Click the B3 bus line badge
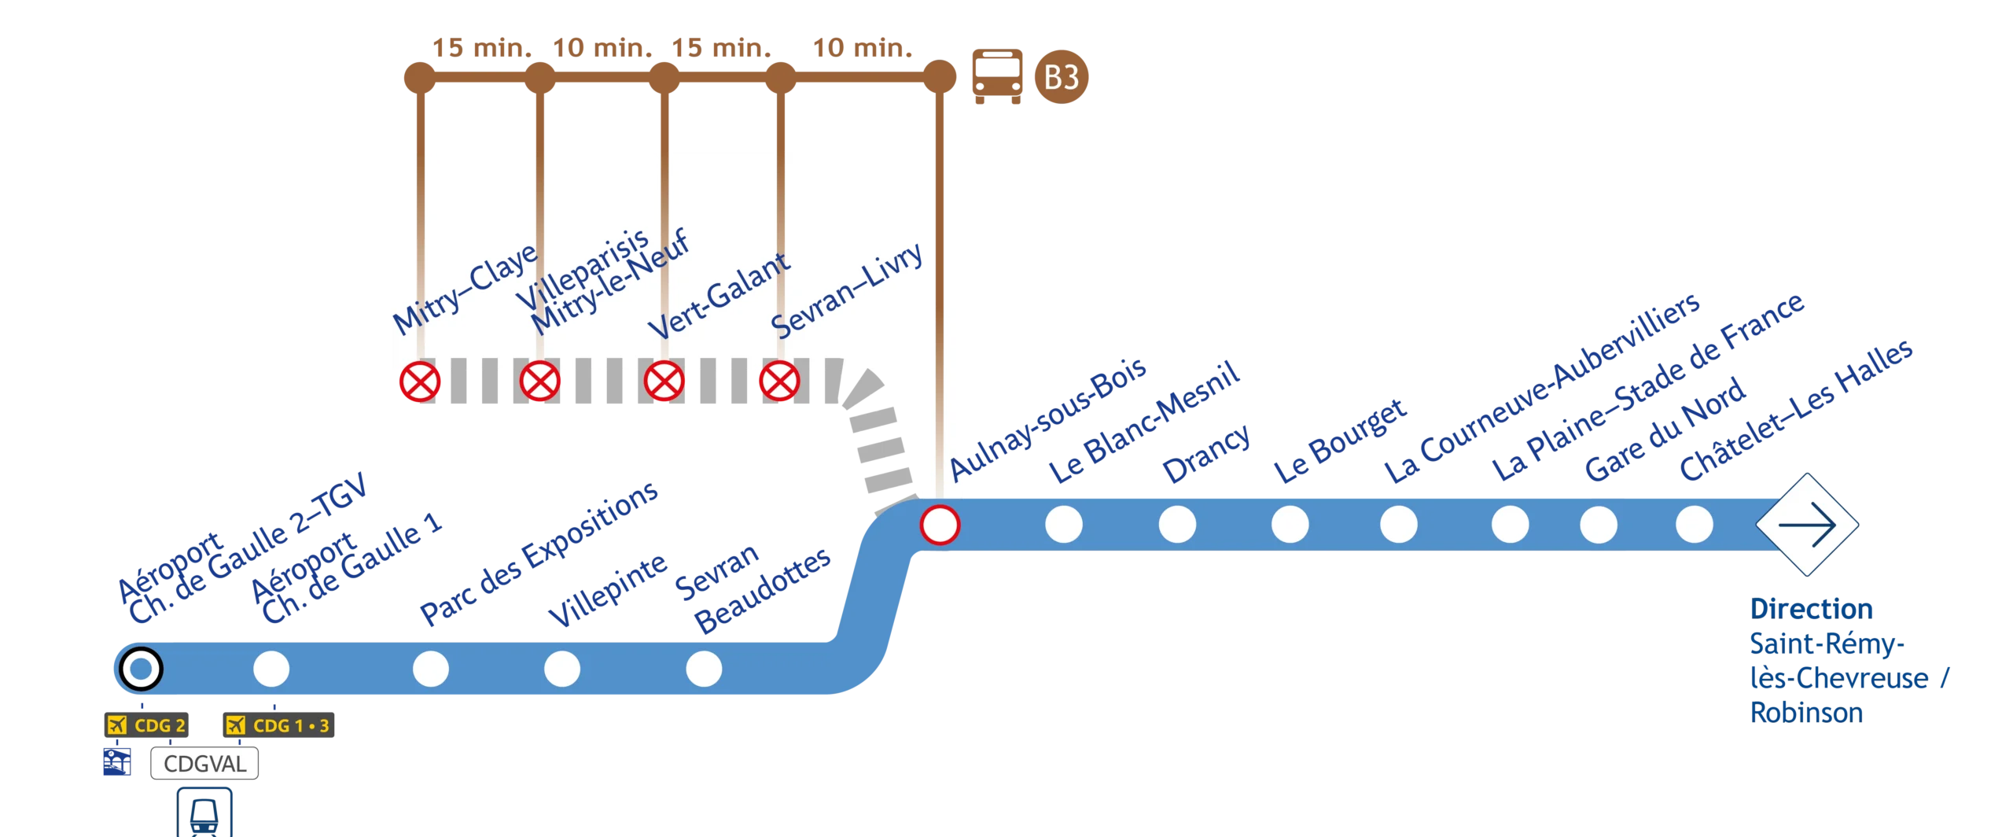click(x=1061, y=77)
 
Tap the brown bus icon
click(x=996, y=76)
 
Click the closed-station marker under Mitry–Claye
click(x=420, y=382)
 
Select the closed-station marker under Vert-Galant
click(x=664, y=382)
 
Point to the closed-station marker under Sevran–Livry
click(x=779, y=382)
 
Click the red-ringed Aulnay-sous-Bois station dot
click(x=940, y=524)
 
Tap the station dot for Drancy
click(x=1177, y=524)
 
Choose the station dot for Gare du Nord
click(x=1599, y=524)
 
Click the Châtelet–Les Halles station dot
click(x=1695, y=524)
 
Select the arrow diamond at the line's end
click(x=1807, y=524)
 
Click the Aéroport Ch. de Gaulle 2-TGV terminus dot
click(x=141, y=669)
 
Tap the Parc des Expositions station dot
click(x=431, y=669)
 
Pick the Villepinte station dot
click(x=562, y=669)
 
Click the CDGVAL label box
click(x=204, y=763)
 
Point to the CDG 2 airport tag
click(x=148, y=725)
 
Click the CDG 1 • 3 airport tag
click(x=280, y=725)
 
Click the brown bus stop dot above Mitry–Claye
click(x=418, y=78)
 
